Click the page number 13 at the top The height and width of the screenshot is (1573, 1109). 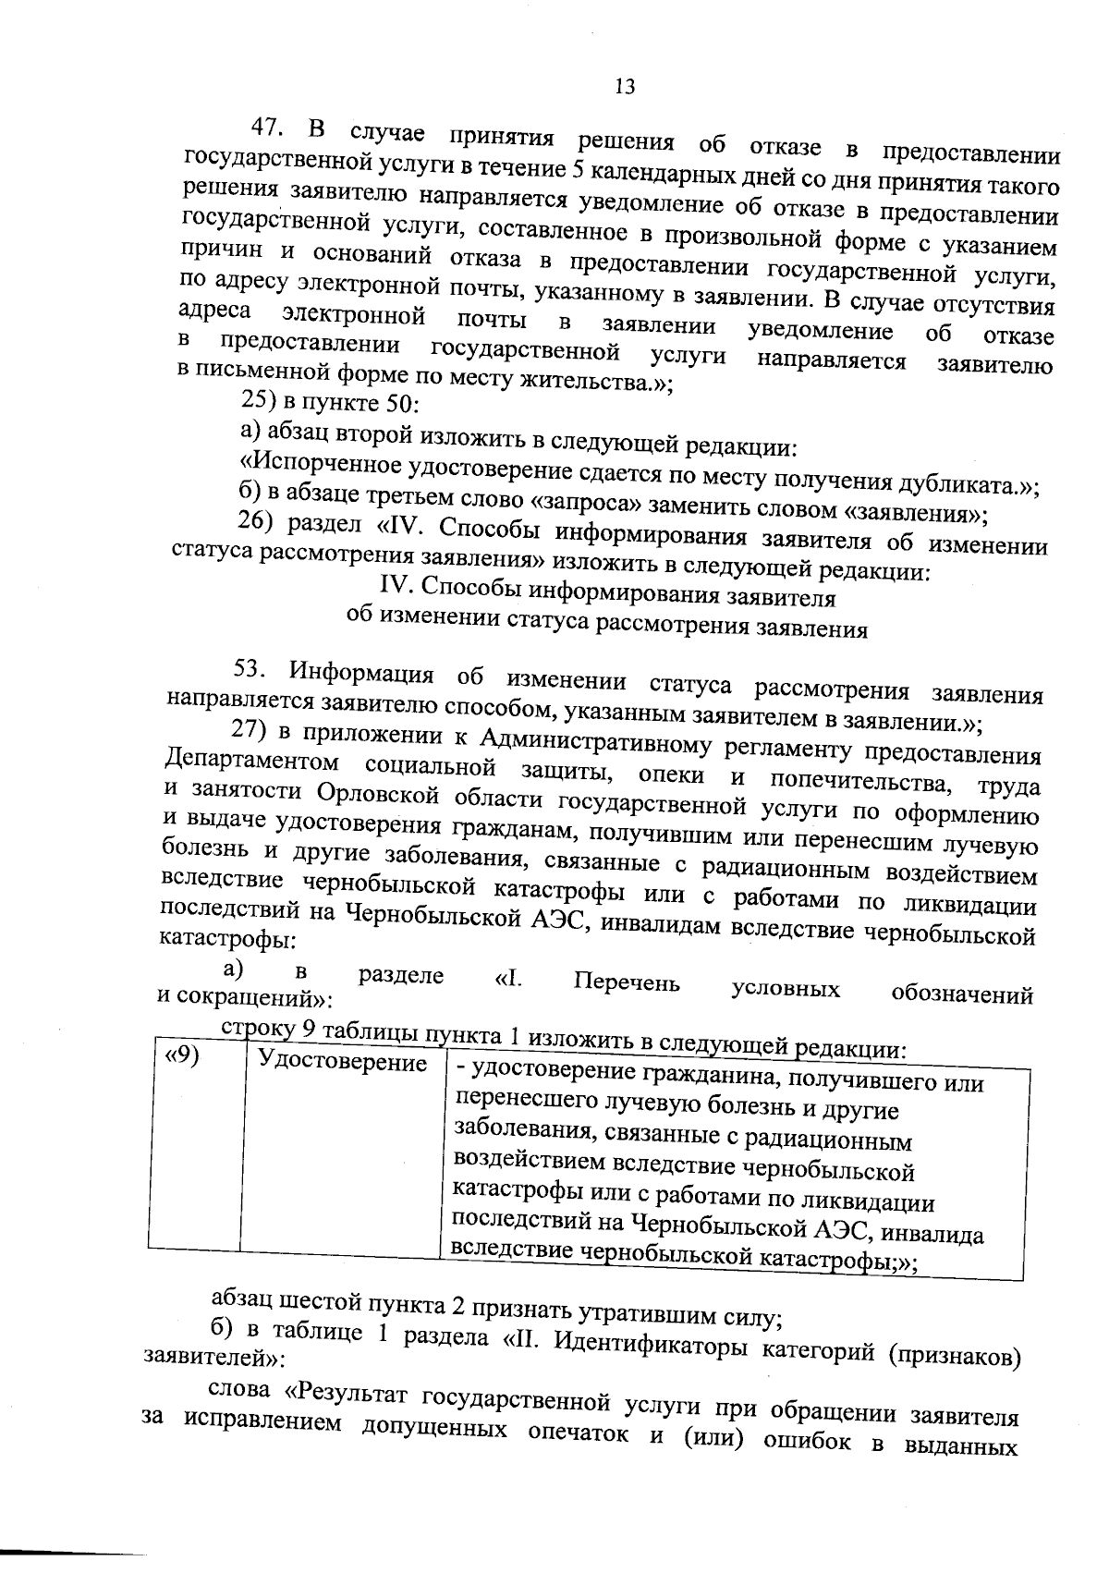coord(624,87)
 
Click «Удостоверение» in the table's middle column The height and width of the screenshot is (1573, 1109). coord(342,1063)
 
